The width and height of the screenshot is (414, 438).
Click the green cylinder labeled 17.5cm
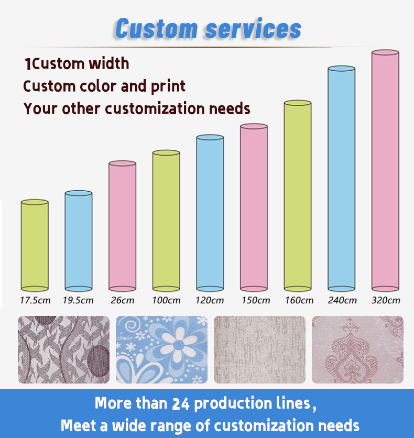coord(35,246)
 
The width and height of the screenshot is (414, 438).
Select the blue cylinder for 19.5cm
coord(79,241)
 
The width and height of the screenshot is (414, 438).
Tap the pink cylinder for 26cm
coord(122,226)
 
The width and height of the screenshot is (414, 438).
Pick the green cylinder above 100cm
coord(166,221)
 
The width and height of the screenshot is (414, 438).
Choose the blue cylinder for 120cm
coord(210,213)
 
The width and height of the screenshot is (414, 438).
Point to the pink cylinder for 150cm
coord(254,207)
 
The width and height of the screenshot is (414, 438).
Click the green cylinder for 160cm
coord(298,196)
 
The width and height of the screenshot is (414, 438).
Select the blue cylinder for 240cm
coord(342,179)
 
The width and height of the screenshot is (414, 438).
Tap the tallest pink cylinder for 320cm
coord(386,171)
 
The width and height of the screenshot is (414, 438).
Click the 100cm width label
coord(166,300)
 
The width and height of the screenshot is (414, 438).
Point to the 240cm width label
coord(342,300)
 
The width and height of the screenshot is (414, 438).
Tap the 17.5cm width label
coord(35,300)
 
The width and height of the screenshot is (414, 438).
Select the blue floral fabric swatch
coord(162,349)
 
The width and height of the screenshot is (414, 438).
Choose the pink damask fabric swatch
coord(357,349)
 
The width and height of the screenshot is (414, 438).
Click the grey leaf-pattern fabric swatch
coord(64,349)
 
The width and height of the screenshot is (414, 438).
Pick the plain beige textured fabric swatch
coord(259,349)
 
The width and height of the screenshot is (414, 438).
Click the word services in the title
coord(253,29)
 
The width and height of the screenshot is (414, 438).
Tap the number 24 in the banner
coord(180,404)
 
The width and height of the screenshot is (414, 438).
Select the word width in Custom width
coord(109,63)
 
